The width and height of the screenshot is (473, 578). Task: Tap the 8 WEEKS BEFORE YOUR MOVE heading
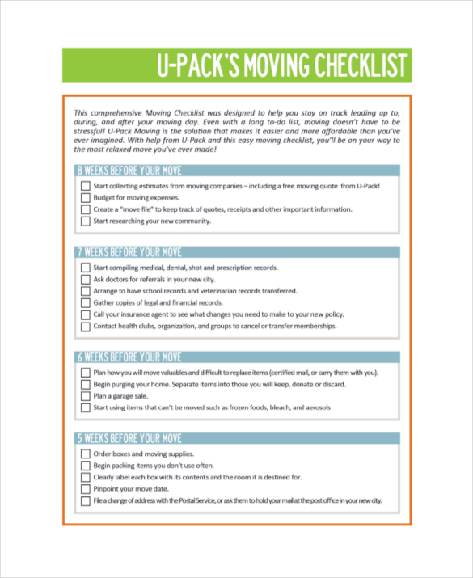click(129, 171)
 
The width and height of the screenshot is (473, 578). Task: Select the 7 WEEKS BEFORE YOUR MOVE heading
click(129, 252)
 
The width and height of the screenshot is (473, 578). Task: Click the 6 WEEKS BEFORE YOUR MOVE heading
click(129, 357)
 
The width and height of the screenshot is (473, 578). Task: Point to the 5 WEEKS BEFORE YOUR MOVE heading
click(129, 439)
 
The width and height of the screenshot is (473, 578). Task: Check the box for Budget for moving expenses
click(86, 198)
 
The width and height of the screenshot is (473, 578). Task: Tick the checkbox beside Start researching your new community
click(86, 221)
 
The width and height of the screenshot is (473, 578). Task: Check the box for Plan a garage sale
click(86, 396)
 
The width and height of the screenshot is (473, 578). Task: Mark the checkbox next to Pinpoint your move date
click(86, 490)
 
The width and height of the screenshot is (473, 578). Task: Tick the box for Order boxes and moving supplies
click(86, 454)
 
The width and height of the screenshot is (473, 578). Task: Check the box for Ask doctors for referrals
click(86, 280)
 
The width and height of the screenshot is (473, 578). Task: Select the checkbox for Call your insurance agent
click(86, 314)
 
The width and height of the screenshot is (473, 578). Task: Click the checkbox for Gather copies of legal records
click(86, 303)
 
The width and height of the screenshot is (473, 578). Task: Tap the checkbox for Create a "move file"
click(86, 209)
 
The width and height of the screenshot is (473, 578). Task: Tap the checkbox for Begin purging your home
click(86, 385)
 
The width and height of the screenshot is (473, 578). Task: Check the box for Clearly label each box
click(86, 478)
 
